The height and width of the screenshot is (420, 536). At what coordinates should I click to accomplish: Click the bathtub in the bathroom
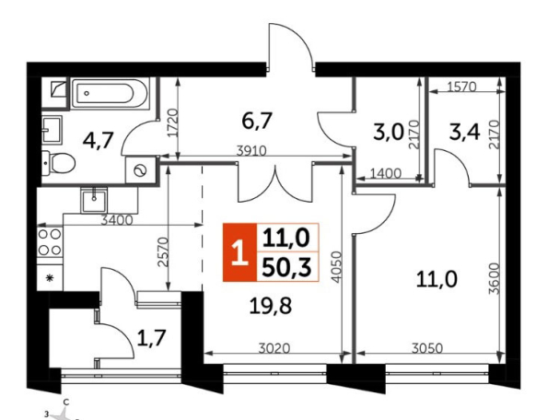coord(110,93)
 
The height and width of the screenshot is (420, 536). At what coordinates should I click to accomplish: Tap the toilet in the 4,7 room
coord(58,163)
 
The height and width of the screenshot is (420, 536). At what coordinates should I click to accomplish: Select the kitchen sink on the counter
coord(94,201)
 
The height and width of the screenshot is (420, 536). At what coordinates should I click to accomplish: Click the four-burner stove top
coord(50,242)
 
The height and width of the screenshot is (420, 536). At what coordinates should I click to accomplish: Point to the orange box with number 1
coord(239,252)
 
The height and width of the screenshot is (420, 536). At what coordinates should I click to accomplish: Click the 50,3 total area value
coord(286,267)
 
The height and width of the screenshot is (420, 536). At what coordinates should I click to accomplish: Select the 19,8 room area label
coord(271,306)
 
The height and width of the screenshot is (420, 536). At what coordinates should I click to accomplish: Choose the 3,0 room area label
coord(389,133)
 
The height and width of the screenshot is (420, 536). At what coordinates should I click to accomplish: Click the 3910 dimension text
coord(251,151)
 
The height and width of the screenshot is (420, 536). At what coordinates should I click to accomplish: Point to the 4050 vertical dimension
coord(337,267)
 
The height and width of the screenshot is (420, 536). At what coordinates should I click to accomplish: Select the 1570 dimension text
coord(461,87)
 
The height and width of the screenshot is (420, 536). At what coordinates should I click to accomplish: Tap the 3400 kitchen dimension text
coord(117,220)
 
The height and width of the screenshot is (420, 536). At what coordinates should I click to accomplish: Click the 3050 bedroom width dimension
coord(427,348)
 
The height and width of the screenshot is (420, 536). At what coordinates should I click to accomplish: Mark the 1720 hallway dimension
coord(173,123)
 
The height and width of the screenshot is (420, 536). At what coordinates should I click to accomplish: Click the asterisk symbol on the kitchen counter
coord(50,278)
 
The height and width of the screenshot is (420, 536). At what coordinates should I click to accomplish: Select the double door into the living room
coord(275,182)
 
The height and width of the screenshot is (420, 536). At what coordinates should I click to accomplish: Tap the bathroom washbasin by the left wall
coord(52,129)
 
